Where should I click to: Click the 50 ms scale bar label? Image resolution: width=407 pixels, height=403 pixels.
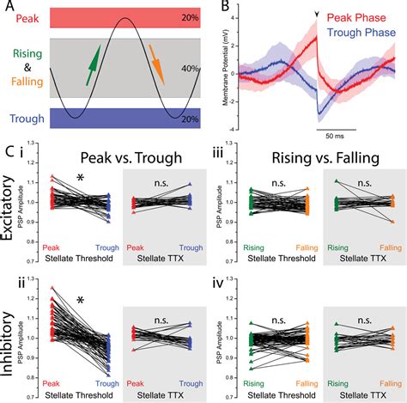[x=333, y=135]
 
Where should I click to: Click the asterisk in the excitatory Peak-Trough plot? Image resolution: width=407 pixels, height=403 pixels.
[x=80, y=178]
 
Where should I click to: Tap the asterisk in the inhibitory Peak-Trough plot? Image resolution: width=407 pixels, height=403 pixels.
[x=80, y=300]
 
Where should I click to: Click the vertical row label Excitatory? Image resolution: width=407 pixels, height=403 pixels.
[x=10, y=212]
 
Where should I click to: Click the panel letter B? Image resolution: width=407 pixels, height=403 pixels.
[x=224, y=9]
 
